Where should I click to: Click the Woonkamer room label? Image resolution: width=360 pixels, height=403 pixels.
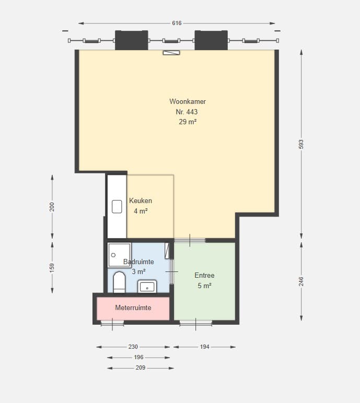click(188, 101)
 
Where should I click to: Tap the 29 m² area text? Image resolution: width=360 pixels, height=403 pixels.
click(188, 122)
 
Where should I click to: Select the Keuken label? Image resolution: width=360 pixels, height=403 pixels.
click(141, 201)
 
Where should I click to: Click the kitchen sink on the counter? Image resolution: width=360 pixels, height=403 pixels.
click(117, 207)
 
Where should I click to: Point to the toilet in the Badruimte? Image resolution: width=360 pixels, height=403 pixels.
click(120, 282)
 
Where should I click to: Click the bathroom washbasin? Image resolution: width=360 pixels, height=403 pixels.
click(147, 287)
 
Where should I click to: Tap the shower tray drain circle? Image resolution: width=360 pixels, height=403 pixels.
click(113, 255)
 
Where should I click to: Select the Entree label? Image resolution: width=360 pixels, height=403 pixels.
click(205, 275)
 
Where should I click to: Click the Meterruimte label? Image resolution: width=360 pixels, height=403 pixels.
click(133, 307)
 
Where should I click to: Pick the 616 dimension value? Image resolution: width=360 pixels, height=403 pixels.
click(177, 23)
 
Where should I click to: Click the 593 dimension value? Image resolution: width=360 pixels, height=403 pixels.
click(301, 144)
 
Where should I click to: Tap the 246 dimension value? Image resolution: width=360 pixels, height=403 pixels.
click(301, 281)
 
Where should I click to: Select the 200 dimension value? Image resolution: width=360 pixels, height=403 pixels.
click(52, 207)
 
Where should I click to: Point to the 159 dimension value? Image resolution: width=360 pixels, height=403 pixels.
click(52, 268)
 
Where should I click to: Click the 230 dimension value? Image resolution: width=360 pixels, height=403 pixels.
click(133, 347)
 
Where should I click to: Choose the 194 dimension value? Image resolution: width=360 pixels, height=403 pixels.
click(205, 347)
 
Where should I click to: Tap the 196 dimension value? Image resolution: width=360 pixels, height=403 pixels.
click(138, 357)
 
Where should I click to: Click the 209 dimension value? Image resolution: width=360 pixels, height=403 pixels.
click(141, 368)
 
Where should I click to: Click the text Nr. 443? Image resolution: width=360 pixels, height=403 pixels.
click(187, 112)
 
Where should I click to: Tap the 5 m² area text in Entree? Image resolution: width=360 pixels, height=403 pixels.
click(205, 286)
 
